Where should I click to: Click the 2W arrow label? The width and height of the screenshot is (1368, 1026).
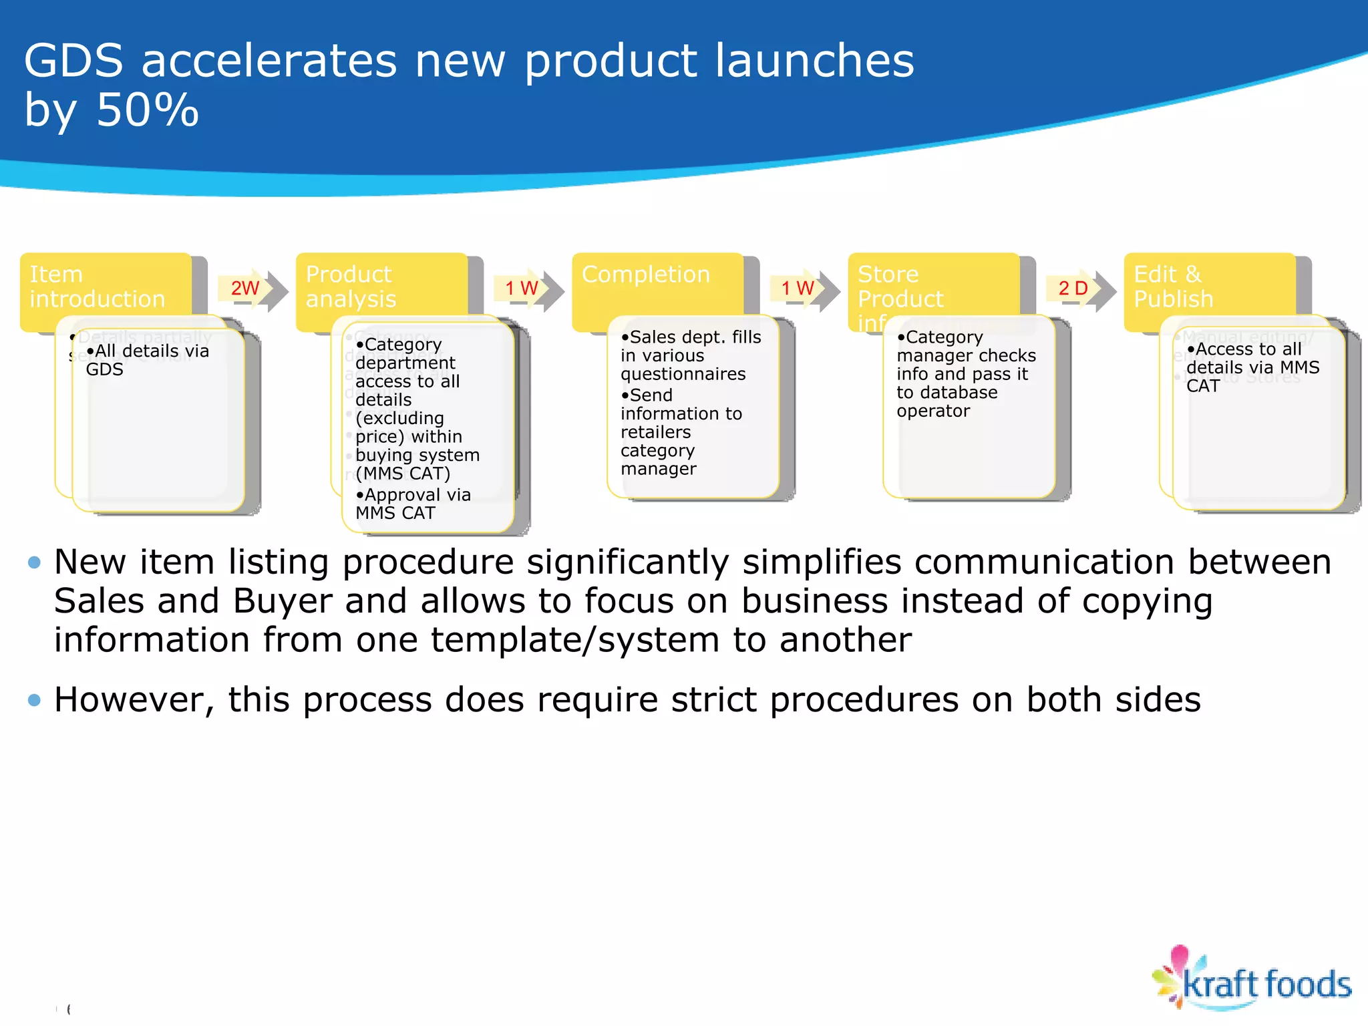[x=244, y=288]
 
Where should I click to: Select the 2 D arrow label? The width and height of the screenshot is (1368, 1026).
[x=1073, y=288]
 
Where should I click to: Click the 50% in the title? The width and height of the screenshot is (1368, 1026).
[x=147, y=110]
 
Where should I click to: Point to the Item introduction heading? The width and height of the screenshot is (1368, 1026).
[x=97, y=287]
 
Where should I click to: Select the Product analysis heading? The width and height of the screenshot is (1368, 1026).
[x=351, y=287]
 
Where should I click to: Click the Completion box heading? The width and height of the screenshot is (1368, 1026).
[x=645, y=275]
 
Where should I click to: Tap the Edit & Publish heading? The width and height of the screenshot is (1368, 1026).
[x=1173, y=287]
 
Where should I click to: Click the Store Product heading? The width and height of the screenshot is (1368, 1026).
[x=900, y=287]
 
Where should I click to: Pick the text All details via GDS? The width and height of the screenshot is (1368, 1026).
[x=147, y=359]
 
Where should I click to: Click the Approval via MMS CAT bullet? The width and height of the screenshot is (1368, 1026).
[x=413, y=504]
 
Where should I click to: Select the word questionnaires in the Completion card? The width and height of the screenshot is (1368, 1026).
[x=683, y=374]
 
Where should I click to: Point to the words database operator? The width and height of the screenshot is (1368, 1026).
[x=947, y=401]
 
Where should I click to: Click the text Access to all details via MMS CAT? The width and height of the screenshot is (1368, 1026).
[x=1252, y=367]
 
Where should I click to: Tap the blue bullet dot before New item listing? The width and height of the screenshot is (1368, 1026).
[x=35, y=562]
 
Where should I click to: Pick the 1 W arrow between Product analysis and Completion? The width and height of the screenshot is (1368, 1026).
[x=521, y=288]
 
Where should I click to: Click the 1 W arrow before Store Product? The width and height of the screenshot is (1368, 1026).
[x=797, y=288]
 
